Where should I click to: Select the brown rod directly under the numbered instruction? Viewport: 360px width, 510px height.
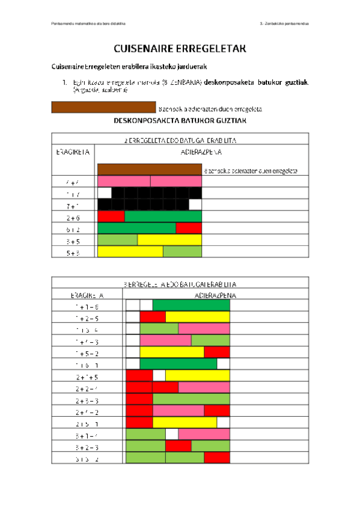[104, 108]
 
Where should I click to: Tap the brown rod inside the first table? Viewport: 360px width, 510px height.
[150, 169]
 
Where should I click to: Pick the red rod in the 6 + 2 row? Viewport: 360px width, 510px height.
[189, 228]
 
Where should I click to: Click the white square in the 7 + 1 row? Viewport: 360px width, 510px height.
[195, 204]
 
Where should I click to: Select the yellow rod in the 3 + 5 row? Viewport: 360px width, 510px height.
[169, 240]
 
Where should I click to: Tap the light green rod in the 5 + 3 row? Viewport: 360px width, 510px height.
[182, 252]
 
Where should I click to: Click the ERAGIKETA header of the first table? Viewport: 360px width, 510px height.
[73, 152]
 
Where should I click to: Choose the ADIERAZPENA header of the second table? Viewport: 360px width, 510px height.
[216, 295]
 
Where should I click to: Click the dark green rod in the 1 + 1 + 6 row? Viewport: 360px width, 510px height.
[191, 305]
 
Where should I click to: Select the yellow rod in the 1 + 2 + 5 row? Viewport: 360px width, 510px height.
[197, 317]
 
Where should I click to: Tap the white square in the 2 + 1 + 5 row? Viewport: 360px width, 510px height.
[159, 375]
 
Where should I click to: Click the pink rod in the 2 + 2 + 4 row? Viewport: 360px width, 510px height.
[204, 387]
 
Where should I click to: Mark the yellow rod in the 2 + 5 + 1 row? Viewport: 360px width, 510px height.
[185, 423]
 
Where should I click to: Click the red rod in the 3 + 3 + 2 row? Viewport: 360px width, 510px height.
[216, 458]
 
